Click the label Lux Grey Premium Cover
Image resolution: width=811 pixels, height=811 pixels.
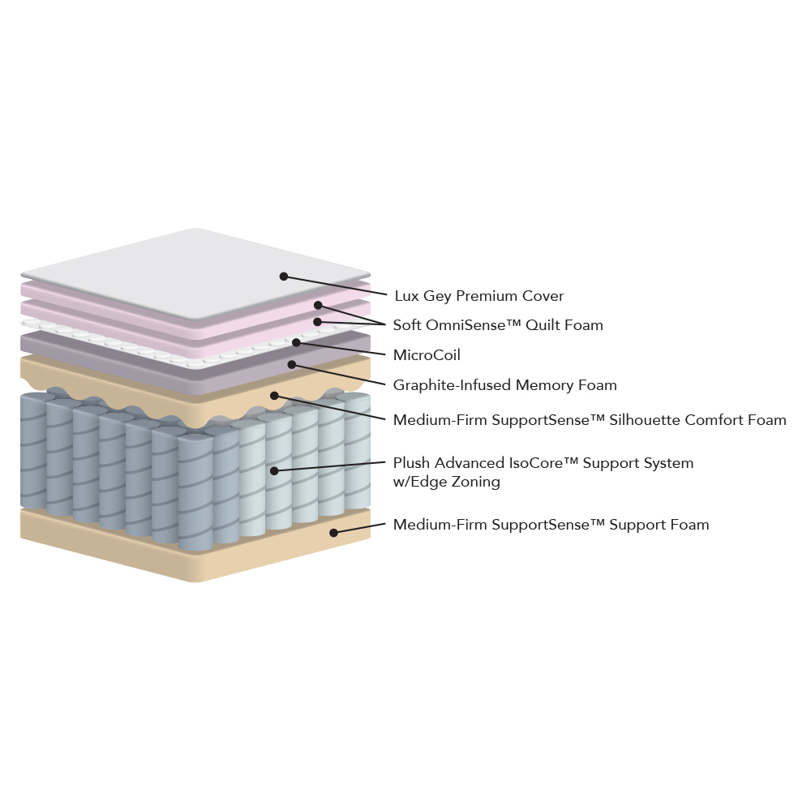click(x=479, y=296)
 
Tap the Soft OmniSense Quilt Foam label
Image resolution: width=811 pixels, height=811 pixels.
click(x=498, y=325)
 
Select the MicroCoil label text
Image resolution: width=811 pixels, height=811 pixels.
click(x=427, y=355)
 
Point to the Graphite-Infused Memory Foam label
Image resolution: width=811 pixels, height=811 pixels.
click(x=504, y=384)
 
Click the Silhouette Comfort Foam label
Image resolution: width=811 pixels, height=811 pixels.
click(x=590, y=419)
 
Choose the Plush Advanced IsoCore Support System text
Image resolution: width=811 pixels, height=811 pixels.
click(x=543, y=463)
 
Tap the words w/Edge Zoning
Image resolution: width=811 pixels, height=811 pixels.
click(x=446, y=482)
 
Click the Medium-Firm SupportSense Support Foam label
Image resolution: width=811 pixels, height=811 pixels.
click(x=551, y=525)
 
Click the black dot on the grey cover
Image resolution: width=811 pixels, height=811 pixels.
click(x=283, y=277)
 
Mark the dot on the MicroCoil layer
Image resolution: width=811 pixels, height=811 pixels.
click(x=296, y=342)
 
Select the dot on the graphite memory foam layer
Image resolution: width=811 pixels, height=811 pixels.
click(x=292, y=365)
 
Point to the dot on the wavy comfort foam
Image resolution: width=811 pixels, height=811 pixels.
click(x=274, y=396)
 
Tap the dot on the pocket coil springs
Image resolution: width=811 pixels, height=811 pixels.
click(x=274, y=470)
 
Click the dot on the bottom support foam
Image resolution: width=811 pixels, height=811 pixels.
click(x=333, y=532)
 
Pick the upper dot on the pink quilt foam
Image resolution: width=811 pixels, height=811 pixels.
click(x=318, y=305)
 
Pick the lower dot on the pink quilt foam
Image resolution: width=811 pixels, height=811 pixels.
click(x=318, y=322)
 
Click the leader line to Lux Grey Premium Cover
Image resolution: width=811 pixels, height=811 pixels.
click(x=335, y=285)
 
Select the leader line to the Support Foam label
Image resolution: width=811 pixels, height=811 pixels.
click(x=359, y=528)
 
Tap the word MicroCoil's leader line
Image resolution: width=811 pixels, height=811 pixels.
click(x=341, y=349)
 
